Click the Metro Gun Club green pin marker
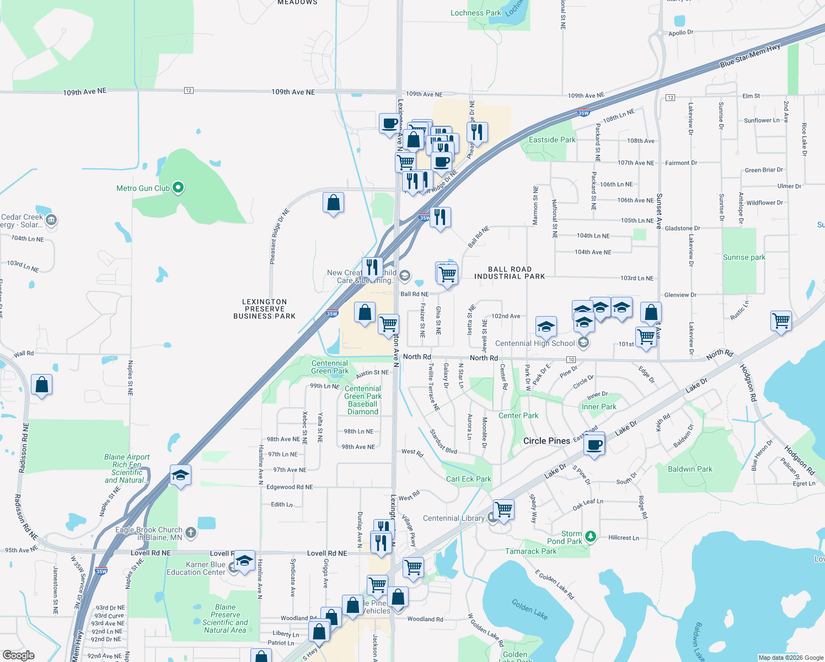click(x=178, y=188)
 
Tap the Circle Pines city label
click(x=547, y=441)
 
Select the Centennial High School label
click(x=535, y=343)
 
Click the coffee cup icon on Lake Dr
click(x=594, y=444)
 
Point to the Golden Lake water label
click(x=529, y=609)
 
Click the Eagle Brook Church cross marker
click(x=191, y=532)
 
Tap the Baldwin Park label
click(x=690, y=469)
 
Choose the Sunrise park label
click(x=744, y=257)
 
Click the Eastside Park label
click(x=552, y=140)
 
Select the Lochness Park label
click(x=476, y=13)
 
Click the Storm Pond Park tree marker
click(x=591, y=536)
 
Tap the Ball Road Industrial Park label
click(x=510, y=273)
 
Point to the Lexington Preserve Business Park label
click(x=264, y=309)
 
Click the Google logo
click(x=19, y=655)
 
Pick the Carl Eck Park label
click(x=468, y=479)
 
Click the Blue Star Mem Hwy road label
click(x=750, y=56)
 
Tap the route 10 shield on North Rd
click(x=571, y=360)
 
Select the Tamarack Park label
click(x=531, y=551)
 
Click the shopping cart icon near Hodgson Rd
click(x=781, y=321)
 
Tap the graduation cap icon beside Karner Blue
click(x=244, y=560)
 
